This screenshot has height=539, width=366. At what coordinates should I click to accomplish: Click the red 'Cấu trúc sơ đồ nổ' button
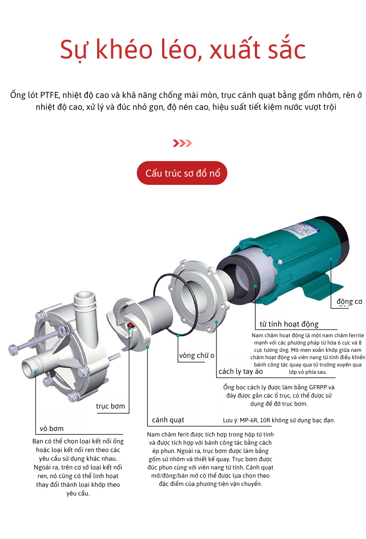182,173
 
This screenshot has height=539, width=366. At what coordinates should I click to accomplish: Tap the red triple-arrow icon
182,143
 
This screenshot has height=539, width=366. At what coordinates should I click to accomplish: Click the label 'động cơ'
349,301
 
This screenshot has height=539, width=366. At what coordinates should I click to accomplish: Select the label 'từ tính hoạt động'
289,324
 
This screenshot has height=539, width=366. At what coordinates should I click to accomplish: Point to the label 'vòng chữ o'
197,355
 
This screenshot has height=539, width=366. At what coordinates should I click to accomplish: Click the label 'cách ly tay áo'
241,371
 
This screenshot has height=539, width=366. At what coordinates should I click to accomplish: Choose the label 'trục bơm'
110,406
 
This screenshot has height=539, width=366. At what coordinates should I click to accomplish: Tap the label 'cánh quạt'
168,420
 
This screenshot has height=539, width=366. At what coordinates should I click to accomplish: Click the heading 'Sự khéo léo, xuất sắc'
183,50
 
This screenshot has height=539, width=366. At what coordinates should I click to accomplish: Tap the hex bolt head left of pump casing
13,350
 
